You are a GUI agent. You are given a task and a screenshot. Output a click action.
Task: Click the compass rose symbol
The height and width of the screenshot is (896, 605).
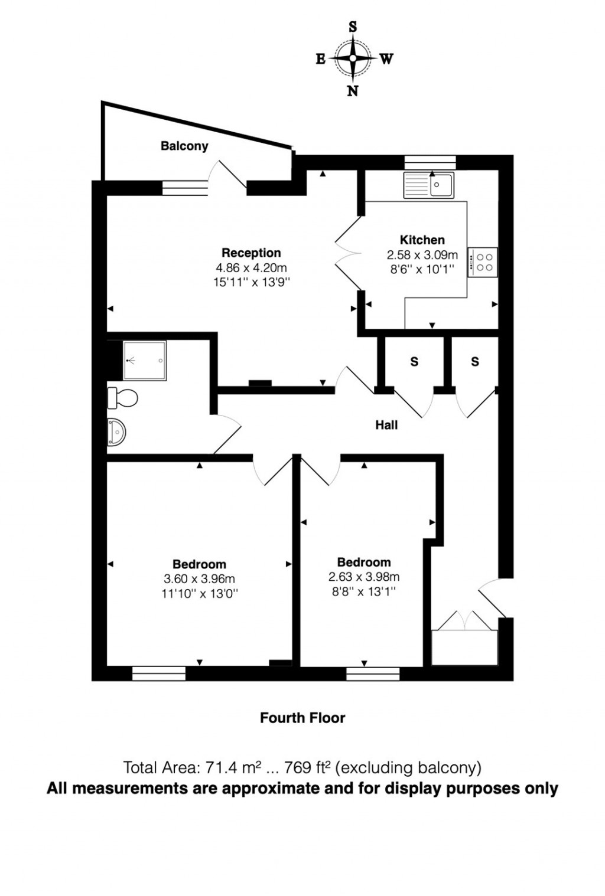coord(353,58)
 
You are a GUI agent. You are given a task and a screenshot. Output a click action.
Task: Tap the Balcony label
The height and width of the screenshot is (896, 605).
coord(184,146)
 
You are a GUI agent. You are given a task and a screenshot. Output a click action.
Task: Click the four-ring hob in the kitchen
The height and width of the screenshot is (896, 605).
coord(483,262)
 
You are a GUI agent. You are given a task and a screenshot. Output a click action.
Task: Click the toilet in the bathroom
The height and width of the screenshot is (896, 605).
coord(123,398)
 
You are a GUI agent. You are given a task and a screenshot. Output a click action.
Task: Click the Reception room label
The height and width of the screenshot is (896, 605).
coord(251,253)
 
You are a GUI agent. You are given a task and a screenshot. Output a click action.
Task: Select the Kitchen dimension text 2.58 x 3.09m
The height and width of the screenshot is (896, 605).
coord(422,255)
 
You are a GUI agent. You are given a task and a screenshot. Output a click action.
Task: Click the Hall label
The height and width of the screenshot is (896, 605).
coord(386,425)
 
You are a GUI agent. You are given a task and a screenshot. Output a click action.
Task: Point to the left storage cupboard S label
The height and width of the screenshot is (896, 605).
coord(414,362)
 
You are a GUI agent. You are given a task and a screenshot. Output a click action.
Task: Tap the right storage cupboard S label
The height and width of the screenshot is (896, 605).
coord(475,362)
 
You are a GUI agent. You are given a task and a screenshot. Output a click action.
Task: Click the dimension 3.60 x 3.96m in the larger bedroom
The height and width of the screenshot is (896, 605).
coord(199,579)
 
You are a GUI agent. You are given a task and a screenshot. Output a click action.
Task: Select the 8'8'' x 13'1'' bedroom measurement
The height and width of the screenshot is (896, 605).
coord(363,591)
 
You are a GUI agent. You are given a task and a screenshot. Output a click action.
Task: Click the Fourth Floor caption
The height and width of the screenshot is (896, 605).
coord(302,718)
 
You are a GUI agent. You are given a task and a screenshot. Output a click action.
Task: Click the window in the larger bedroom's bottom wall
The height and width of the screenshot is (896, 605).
coord(159,673)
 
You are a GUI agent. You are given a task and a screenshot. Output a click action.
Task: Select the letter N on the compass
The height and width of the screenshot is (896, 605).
coord(353,91)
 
